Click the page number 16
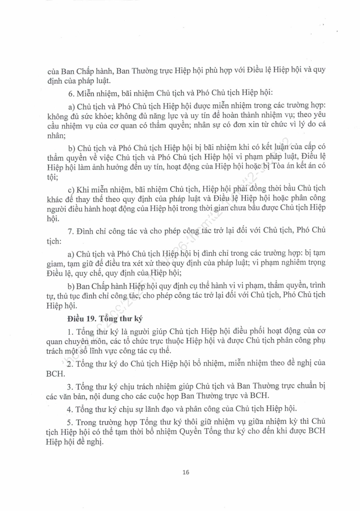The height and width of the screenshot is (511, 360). [x=185, y=472]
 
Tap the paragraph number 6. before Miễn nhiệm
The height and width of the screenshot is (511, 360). [x=70, y=93]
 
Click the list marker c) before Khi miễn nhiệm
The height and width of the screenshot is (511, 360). [x=71, y=189]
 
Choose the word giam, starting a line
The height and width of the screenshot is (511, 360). [x=57, y=263]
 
